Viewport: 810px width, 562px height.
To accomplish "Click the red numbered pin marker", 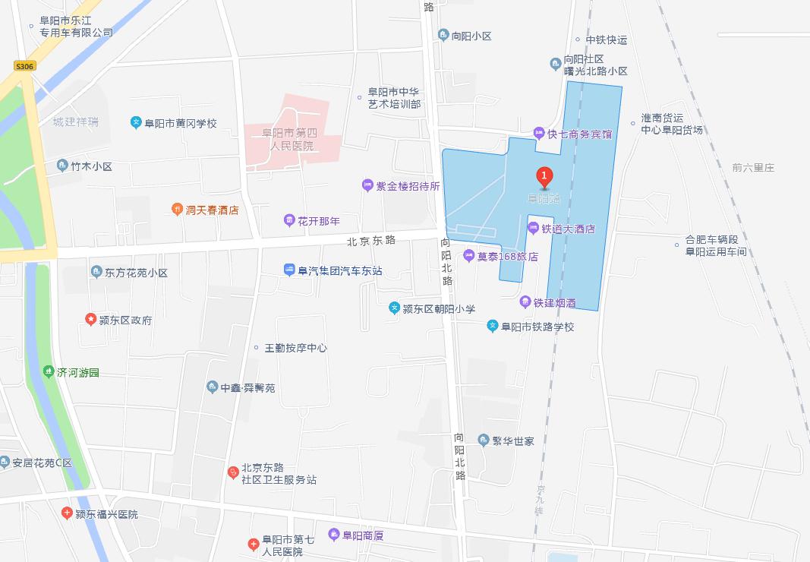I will coord(544,176).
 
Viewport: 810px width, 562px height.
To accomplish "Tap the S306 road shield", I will coord(25,67).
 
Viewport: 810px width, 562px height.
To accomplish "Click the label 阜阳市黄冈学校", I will coord(181,123).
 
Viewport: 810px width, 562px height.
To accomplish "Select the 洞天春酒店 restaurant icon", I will coord(177,210).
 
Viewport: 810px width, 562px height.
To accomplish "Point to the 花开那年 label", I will coord(319,221).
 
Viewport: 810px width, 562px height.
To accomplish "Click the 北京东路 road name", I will coord(371,241).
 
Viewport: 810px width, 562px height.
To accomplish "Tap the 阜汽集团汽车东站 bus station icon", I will coord(289,270).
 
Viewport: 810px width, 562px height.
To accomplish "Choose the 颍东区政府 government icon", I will coord(91,320).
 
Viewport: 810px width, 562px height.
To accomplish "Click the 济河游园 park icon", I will coord(48,372).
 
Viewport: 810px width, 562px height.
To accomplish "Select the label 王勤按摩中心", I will coord(295,348).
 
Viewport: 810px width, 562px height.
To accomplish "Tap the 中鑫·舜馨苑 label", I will coord(247,388).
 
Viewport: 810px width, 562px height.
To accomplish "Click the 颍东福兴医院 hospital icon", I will coord(67,514).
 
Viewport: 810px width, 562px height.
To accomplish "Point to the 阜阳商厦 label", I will coord(363,535).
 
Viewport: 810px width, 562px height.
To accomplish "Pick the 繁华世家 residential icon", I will coord(484,440).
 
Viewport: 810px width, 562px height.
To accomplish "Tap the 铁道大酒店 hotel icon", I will coord(534,228).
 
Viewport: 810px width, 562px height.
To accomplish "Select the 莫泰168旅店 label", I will coord(507,257).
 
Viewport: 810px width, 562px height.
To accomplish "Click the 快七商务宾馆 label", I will coord(580,134).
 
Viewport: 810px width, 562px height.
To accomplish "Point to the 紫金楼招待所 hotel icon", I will coord(367,185).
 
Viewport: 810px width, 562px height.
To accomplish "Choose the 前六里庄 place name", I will coord(753,167).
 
